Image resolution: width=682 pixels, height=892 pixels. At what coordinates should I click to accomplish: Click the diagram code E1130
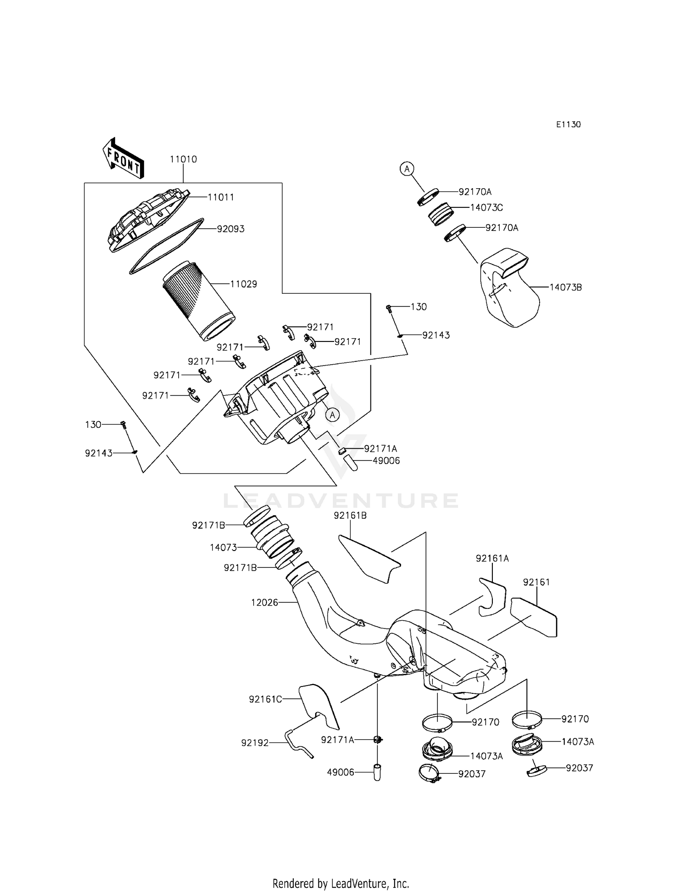[568, 125]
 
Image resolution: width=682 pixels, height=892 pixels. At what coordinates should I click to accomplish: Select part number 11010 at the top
[183, 160]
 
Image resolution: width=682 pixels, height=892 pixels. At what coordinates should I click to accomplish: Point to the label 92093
[231, 229]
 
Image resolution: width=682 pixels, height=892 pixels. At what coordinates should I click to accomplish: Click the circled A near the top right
[407, 169]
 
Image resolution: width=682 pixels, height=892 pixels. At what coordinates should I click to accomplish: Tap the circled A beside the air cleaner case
[332, 415]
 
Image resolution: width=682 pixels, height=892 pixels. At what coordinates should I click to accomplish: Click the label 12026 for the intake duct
[264, 603]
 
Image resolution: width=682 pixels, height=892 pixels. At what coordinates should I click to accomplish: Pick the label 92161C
[265, 699]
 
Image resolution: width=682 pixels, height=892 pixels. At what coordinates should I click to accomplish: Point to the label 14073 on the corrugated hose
[223, 548]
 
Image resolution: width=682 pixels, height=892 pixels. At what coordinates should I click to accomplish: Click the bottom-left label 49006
[341, 772]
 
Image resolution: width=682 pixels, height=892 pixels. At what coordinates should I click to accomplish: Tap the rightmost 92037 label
[579, 768]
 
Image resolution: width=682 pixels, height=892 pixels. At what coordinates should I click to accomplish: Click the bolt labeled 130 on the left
[123, 425]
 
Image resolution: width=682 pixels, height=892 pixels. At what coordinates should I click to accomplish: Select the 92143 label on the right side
[436, 336]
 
